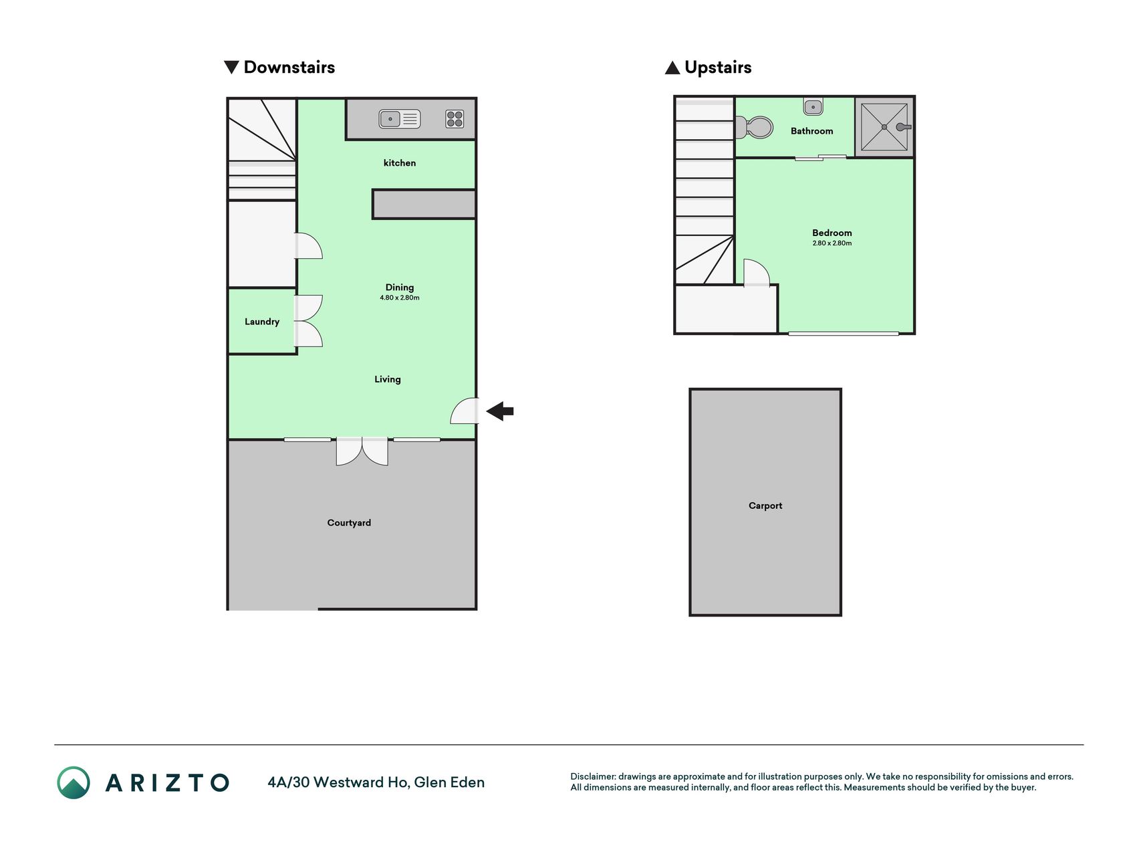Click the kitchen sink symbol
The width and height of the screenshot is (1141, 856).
[400, 119]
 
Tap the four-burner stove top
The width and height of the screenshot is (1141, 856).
[455, 119]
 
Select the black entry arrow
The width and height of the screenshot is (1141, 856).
[500, 411]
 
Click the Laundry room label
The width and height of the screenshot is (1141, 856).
[262, 322]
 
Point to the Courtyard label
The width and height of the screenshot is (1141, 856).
[349, 523]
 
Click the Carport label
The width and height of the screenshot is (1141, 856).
[765, 506]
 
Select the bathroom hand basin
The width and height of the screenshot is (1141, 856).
[813, 106]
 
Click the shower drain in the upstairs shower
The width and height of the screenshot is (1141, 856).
[884, 127]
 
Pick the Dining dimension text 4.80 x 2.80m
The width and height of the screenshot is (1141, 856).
[400, 298]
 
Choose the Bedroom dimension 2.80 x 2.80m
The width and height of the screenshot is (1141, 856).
[832, 243]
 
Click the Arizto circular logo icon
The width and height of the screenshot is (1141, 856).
[74, 782]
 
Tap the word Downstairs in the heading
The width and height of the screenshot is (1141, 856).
[289, 67]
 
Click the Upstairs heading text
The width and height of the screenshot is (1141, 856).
[718, 68]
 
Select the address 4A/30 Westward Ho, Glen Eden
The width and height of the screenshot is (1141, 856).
[376, 782]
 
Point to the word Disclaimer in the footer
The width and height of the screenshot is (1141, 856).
[593, 776]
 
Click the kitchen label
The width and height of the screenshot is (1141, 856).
[400, 163]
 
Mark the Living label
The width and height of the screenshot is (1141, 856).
[388, 379]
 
